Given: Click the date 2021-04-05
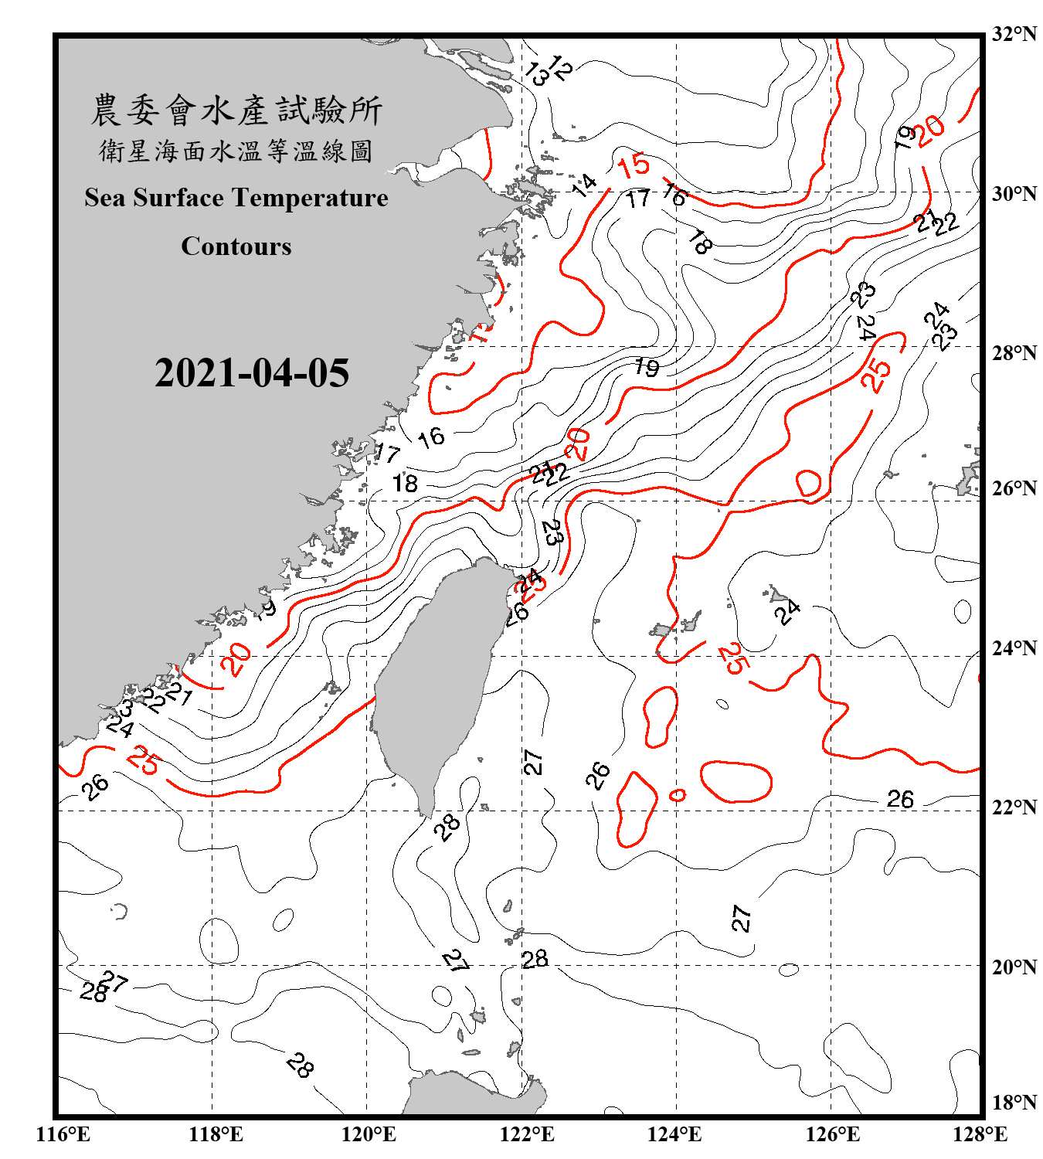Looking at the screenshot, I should pos(252,373).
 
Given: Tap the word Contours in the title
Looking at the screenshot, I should pos(236,246).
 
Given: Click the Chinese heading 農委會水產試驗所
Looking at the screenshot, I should pos(236,110).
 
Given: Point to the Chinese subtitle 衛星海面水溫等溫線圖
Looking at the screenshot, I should pos(236,151).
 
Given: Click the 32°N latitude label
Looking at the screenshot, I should pos(1014,34).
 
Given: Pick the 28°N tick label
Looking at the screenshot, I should pos(1014,352).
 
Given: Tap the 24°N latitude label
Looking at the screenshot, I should pos(1014,647).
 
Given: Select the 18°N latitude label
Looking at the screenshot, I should pos(1014,1102).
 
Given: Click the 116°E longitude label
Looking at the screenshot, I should pos(63,1134).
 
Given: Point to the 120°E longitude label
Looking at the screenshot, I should pos(369,1134).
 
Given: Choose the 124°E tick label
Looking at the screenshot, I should pos(674,1134).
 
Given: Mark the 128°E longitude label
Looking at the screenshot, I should pos(980,1134).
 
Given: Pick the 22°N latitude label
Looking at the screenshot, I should pos(1014,807).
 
